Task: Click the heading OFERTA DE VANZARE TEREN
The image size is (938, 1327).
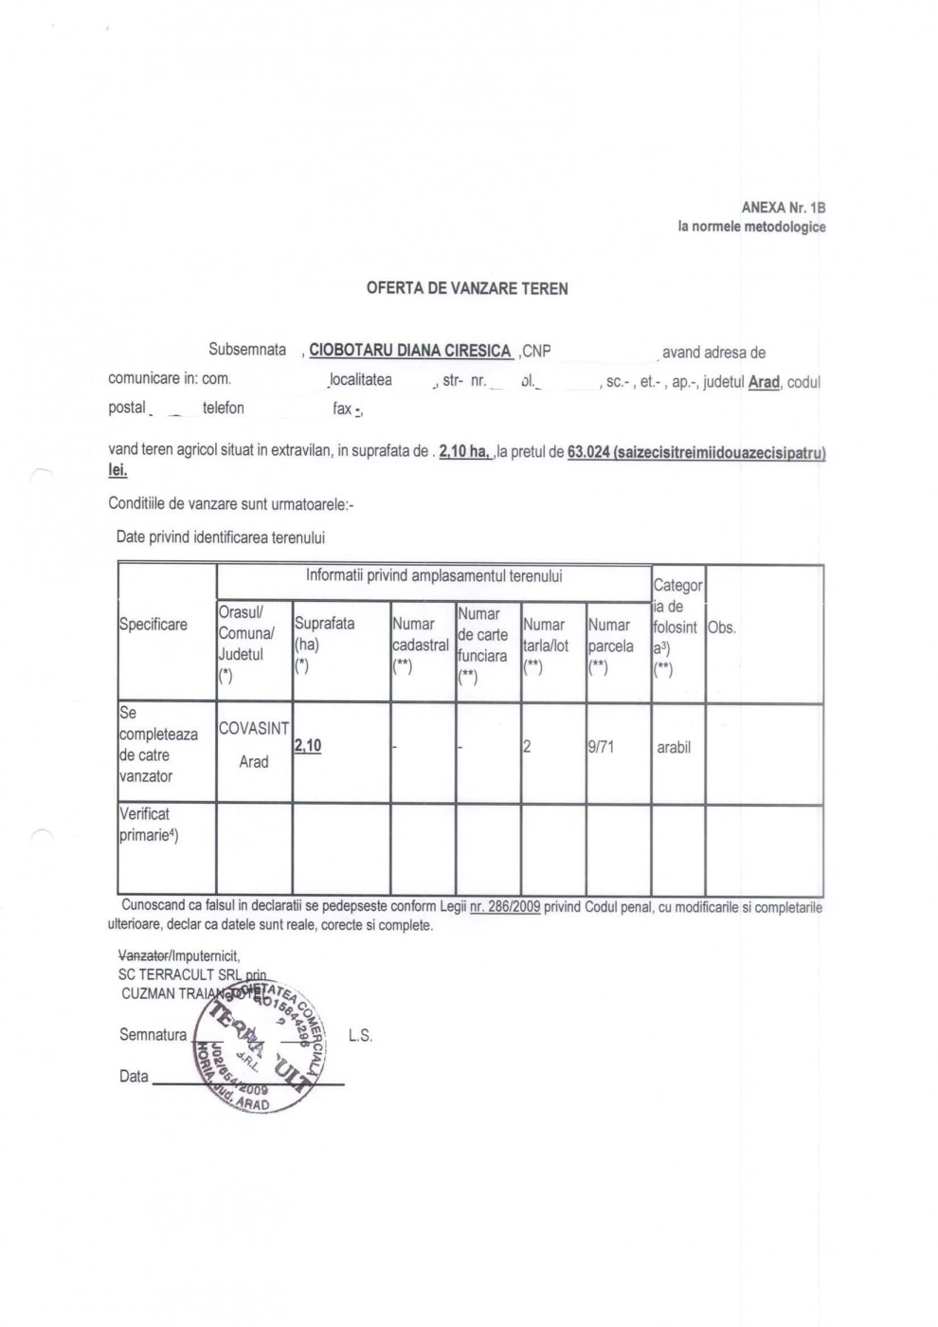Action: click(467, 288)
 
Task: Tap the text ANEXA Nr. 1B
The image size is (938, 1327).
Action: click(783, 208)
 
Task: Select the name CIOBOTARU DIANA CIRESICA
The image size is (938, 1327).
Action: click(410, 351)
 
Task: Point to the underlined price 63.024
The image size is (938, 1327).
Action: click(588, 453)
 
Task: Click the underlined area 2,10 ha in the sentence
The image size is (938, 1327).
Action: click(463, 453)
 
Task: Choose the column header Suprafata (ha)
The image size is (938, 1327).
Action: click(324, 633)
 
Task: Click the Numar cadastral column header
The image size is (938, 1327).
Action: click(420, 645)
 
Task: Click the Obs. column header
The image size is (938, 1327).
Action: click(721, 627)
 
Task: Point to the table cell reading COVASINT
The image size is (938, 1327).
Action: click(253, 729)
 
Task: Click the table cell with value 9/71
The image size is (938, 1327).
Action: click(601, 747)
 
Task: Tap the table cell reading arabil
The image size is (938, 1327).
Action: click(674, 748)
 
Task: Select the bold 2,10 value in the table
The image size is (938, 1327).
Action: click(308, 746)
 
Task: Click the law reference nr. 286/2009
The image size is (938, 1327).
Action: click(505, 907)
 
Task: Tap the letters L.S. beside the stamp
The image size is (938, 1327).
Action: click(360, 1036)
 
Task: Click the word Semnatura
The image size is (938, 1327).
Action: click(153, 1034)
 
